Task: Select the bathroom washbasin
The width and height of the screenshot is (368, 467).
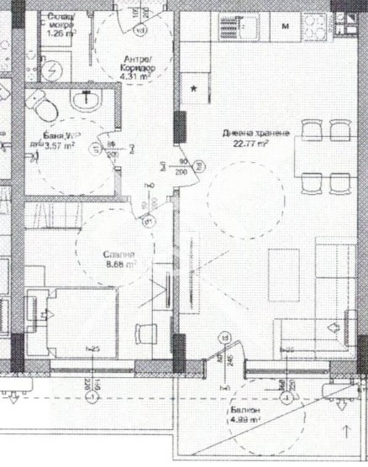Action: (x=86, y=102)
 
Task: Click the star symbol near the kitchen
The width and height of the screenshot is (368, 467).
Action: (x=194, y=87)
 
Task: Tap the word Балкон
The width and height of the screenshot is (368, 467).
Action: (x=244, y=410)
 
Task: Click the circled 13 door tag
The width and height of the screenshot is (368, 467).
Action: (x=223, y=337)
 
